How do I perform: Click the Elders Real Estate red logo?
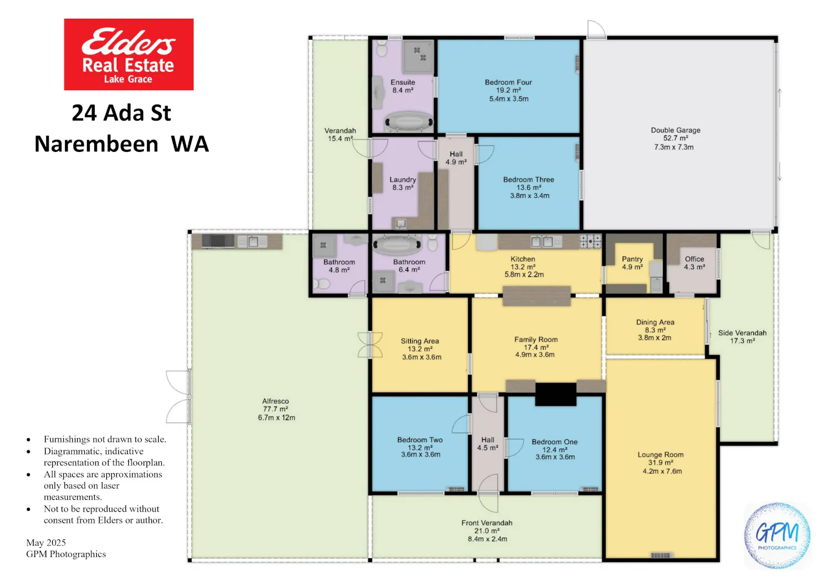(x=129, y=54)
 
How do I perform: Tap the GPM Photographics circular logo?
(x=778, y=536)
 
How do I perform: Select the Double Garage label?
(x=676, y=130)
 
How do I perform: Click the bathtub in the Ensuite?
(x=409, y=122)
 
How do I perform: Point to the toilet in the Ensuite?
(x=382, y=48)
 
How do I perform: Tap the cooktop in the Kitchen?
(x=590, y=241)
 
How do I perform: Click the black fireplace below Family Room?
(x=556, y=394)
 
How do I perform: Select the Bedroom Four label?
(x=508, y=82)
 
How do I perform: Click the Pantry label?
(x=632, y=259)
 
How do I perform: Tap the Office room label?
(x=694, y=259)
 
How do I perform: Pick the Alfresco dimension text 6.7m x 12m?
(x=276, y=418)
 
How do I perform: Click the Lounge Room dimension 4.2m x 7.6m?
(x=662, y=471)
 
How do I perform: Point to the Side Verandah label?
(x=742, y=333)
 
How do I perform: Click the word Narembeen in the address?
(x=96, y=144)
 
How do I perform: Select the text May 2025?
(x=46, y=543)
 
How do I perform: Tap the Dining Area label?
(x=655, y=322)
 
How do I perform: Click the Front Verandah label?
(x=487, y=523)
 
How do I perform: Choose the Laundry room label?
(x=403, y=179)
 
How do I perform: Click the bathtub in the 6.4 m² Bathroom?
(x=397, y=244)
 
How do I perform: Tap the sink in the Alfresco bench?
(x=253, y=242)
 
